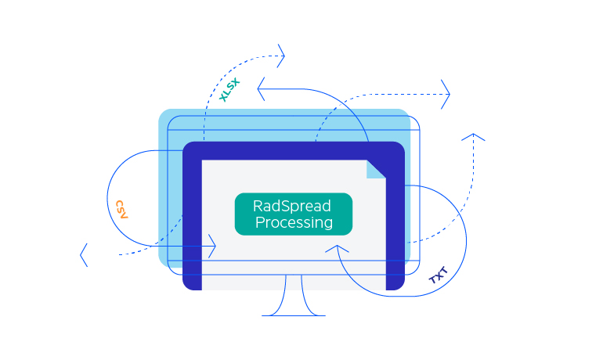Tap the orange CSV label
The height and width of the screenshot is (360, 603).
pyautogui.click(x=121, y=209)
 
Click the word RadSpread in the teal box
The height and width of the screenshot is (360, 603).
pyautogui.click(x=292, y=206)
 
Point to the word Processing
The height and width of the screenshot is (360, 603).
pyautogui.click(x=294, y=223)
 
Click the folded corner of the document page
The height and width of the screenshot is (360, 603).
pyautogui.click(x=377, y=168)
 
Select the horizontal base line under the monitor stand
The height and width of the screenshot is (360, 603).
pyautogui.click(x=294, y=315)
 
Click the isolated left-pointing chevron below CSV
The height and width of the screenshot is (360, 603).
pyautogui.click(x=84, y=254)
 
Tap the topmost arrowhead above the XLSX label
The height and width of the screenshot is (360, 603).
pyautogui.click(x=281, y=56)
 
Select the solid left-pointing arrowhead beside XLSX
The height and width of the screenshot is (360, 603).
pyautogui.click(x=262, y=88)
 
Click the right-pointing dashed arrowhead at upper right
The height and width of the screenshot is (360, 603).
pyautogui.click(x=446, y=95)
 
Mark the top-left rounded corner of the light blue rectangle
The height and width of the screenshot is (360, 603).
pyautogui.click(x=164, y=115)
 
